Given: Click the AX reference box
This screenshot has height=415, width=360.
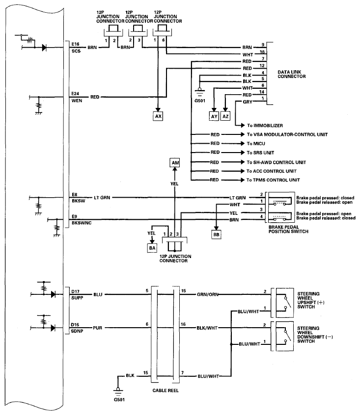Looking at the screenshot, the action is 158,116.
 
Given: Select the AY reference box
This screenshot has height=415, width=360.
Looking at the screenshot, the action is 214,116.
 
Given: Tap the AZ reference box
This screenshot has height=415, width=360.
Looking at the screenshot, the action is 225,116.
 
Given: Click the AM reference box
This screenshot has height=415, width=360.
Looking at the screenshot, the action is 175,162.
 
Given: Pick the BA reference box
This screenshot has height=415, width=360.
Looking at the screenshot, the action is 152,248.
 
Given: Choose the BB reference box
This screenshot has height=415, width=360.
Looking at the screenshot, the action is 216,234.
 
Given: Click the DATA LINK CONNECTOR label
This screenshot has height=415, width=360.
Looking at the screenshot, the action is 291,74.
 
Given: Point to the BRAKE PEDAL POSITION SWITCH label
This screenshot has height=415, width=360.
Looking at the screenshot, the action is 288,229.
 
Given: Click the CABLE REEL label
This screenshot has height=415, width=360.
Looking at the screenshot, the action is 166,390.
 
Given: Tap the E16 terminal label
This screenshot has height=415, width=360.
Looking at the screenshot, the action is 75,44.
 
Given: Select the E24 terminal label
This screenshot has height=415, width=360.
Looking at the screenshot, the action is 75,94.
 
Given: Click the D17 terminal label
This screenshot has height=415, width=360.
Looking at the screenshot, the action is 75,291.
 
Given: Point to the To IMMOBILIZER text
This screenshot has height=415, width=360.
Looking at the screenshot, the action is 265,126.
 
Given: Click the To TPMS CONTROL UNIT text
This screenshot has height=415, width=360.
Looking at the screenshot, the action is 273,180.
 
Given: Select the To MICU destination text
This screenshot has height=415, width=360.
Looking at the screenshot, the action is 256,143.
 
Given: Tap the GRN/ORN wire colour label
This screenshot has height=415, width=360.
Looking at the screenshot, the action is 207,294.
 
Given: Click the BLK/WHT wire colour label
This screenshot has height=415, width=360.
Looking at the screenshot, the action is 207,328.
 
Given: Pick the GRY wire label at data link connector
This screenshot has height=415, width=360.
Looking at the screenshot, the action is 248,102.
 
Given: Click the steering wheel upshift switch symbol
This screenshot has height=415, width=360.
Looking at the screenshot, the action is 285,303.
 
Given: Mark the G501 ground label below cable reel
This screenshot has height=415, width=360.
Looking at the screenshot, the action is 119,400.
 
